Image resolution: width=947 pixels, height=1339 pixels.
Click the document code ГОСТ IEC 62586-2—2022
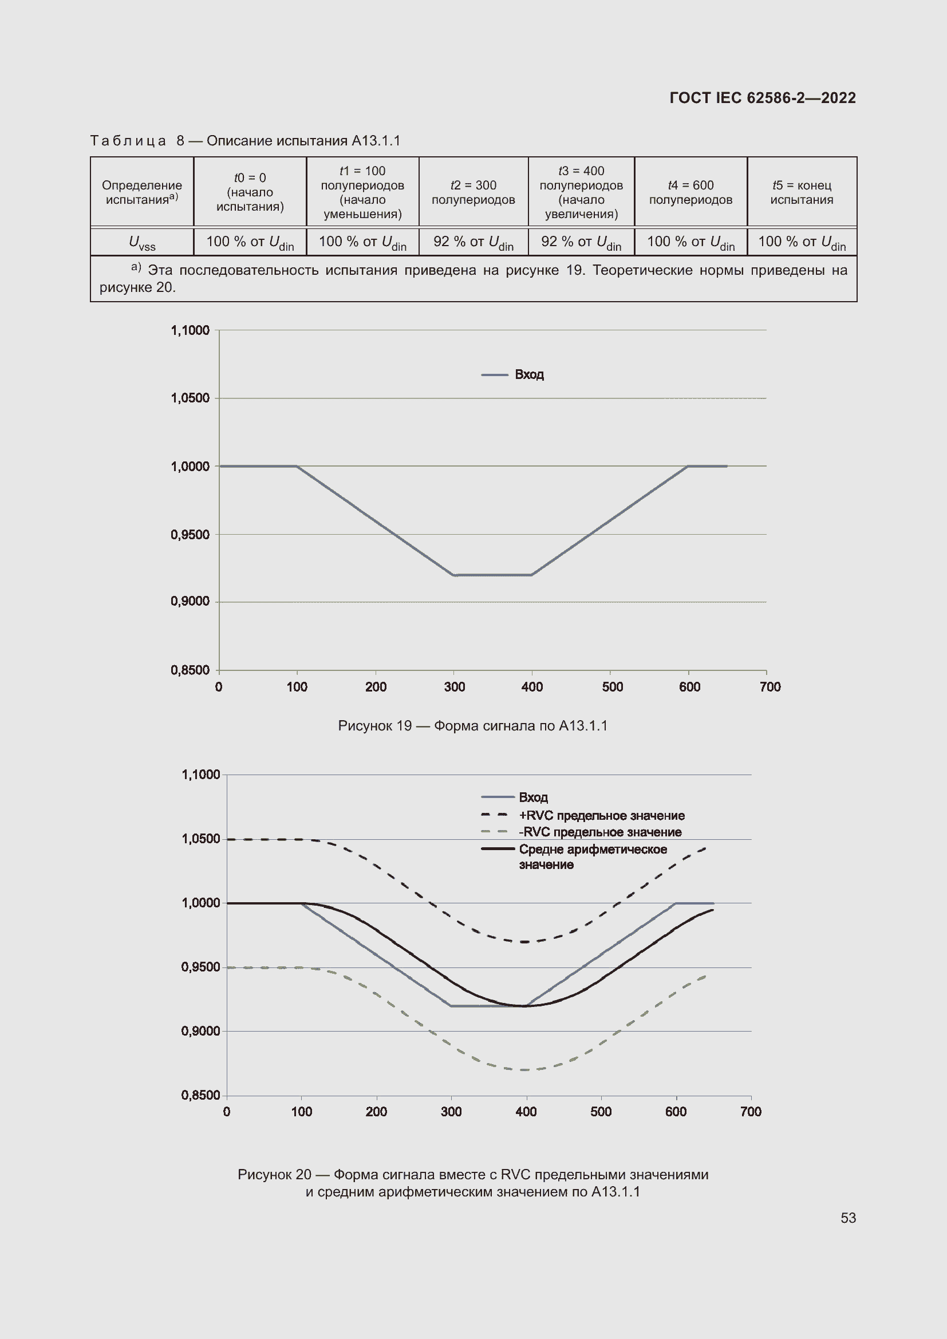pyautogui.click(x=762, y=98)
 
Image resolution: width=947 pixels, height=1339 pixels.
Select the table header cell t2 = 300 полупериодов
pyautogui.click(x=473, y=192)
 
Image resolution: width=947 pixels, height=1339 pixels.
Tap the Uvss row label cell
pyautogui.click(x=141, y=242)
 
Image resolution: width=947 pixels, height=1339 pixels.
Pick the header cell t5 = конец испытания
pyautogui.click(x=801, y=192)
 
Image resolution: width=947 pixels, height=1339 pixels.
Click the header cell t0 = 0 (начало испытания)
pyautogui.click(x=250, y=192)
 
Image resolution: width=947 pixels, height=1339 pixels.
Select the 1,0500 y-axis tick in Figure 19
pyautogui.click(x=190, y=398)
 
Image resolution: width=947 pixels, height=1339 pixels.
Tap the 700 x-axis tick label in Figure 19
pyautogui.click(x=770, y=687)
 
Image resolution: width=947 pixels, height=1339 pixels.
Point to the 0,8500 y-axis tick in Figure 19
pyautogui.click(x=190, y=671)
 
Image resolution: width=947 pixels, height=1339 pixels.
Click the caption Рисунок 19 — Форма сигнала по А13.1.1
pyautogui.click(x=472, y=726)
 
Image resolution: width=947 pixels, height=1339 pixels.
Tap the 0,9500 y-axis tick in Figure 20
pyautogui.click(x=200, y=967)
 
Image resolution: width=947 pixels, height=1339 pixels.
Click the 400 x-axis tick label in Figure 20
pyautogui.click(x=526, y=1112)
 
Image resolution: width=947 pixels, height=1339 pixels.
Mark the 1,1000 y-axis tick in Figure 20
pyautogui.click(x=200, y=775)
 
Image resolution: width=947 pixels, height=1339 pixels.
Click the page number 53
pyautogui.click(x=848, y=1218)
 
